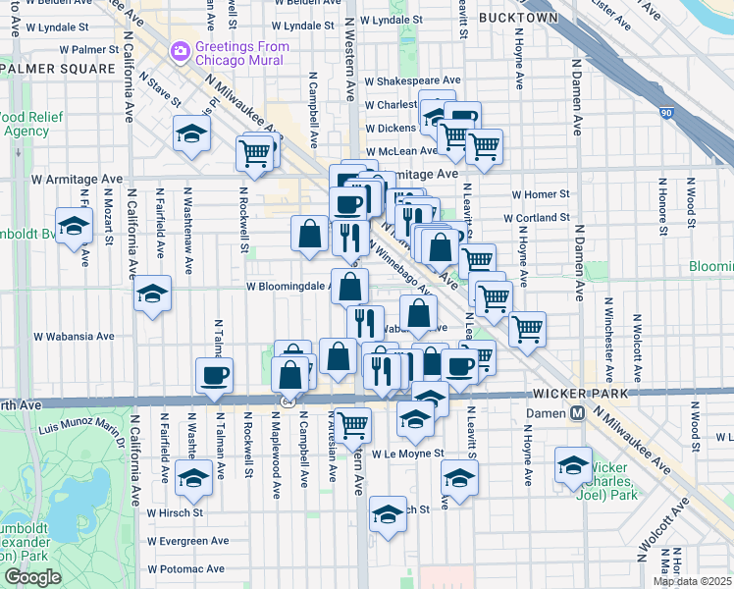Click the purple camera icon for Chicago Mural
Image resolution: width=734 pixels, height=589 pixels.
point(180,49)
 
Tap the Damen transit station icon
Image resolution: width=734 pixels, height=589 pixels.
point(579,412)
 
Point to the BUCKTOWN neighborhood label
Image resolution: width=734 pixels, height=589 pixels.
point(518,18)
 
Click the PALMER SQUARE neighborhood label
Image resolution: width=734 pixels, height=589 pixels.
point(59,69)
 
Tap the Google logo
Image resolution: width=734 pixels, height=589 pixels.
point(32,577)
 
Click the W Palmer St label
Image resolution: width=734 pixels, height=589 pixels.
point(88,48)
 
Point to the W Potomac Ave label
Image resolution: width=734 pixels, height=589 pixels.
point(185,568)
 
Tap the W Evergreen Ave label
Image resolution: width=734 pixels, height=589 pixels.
point(187,540)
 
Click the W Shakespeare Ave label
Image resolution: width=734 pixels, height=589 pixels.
point(412,81)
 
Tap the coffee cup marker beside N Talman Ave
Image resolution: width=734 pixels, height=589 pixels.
point(214,374)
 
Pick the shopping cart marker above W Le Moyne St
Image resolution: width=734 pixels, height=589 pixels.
point(352,424)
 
